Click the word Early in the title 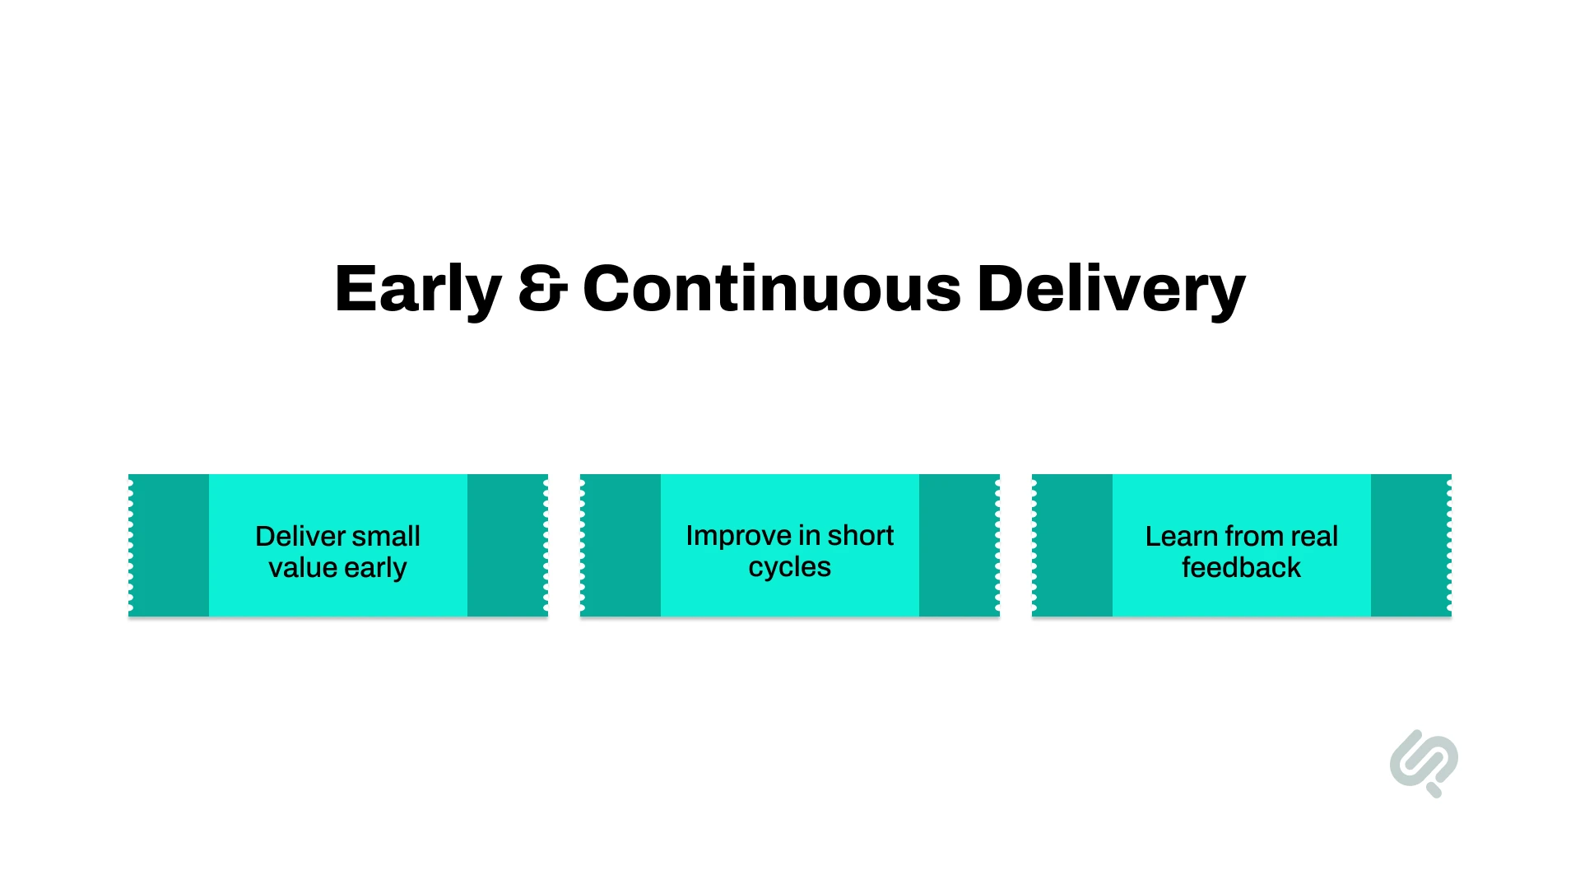coord(418,290)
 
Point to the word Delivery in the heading coord(1111,290)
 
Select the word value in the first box coord(302,567)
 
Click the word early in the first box coord(375,568)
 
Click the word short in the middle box coord(860,535)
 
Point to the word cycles coord(789,567)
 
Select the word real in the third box coord(1314,536)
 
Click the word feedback coord(1241,567)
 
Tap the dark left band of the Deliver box coord(170,545)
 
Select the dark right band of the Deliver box coord(506,545)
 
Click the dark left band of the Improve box coord(621,545)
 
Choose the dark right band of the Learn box coord(1410,545)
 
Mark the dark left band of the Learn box coord(1073,545)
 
